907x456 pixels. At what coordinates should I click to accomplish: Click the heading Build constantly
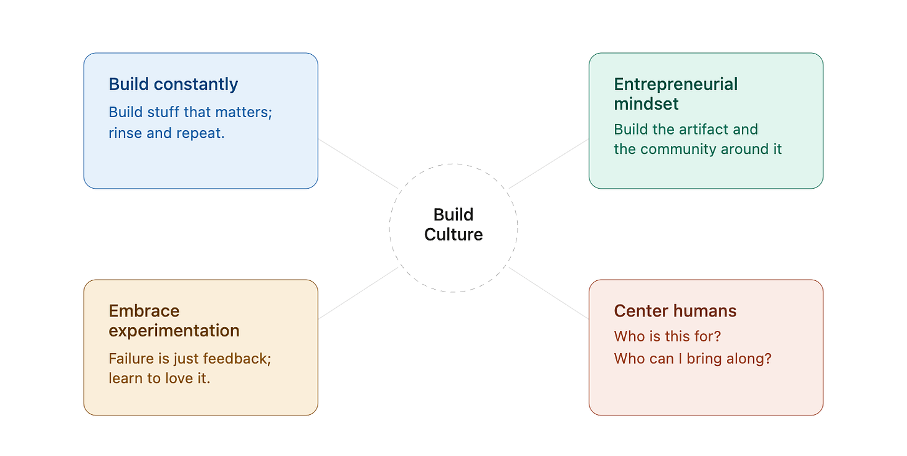point(173,85)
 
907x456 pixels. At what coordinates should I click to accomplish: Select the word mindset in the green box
point(646,104)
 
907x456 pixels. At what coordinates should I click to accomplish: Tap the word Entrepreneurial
point(675,85)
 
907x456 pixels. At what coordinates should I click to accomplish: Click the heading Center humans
point(675,311)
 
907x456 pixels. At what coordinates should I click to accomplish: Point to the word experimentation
point(174,331)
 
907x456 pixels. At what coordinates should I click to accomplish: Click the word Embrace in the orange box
point(144,311)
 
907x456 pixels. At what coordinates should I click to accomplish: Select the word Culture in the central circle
point(453,234)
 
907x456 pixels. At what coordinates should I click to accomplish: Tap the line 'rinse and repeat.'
point(166,133)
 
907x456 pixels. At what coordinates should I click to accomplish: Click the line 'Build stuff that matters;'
point(191,112)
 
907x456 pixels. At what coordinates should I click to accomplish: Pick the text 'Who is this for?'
point(667,336)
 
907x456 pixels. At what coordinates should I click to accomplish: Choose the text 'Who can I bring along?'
point(693,359)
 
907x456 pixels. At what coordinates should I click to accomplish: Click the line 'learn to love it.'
point(159,378)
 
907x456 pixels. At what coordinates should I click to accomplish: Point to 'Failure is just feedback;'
point(189,359)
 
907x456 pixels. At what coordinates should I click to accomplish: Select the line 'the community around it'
point(698,150)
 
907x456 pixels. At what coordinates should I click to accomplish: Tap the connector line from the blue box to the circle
point(358,164)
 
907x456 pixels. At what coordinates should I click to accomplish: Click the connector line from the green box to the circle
point(548,164)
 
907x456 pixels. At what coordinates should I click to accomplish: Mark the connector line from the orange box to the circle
point(358,293)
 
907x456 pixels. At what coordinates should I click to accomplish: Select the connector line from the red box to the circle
point(548,293)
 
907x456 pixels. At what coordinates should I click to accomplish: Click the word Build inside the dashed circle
point(453,215)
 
